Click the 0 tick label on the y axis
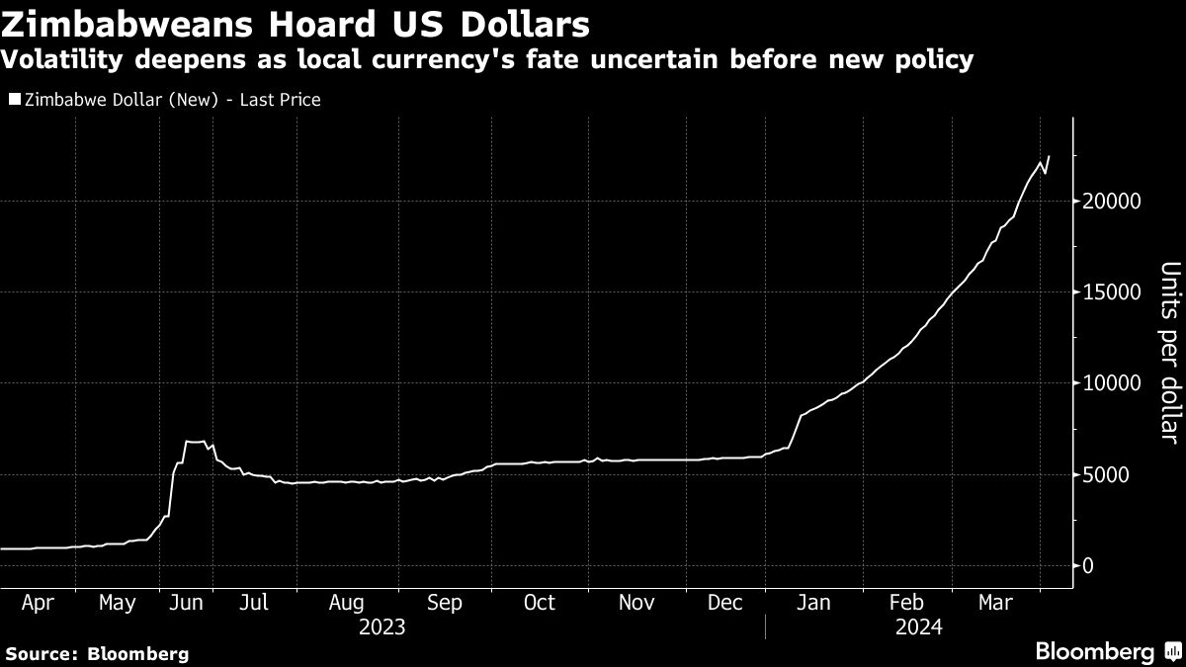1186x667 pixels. (x=1088, y=566)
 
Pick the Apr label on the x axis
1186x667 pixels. (x=38, y=603)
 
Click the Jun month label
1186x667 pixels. (x=187, y=603)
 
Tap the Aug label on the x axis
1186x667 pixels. (x=346, y=603)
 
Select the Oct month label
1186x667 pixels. (x=539, y=603)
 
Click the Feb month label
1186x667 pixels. (x=906, y=603)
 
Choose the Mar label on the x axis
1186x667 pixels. (x=995, y=603)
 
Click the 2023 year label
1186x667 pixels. (x=382, y=626)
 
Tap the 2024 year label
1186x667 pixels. (x=918, y=626)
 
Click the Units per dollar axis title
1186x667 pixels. (x=1169, y=352)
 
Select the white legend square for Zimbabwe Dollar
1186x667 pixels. (x=14, y=100)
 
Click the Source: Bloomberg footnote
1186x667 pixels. (x=96, y=653)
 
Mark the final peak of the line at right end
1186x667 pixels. (x=1049, y=156)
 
